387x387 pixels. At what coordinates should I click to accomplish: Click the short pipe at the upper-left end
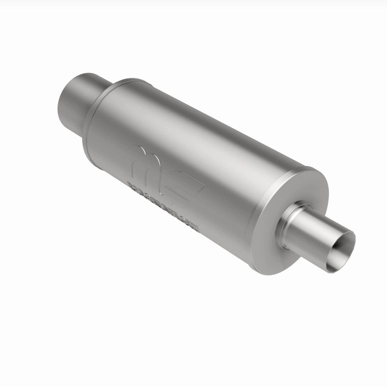(x=77, y=99)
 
